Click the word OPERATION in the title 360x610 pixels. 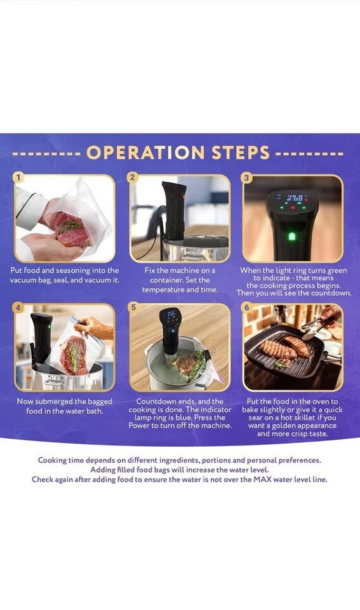click(x=145, y=152)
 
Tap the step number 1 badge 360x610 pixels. click(x=18, y=177)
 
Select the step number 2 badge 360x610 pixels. click(x=133, y=177)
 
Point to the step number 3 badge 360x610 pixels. click(x=246, y=178)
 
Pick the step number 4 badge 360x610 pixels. click(x=18, y=308)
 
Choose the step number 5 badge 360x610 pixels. click(x=133, y=308)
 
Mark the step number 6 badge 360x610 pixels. click(x=247, y=308)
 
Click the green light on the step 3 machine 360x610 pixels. click(x=292, y=236)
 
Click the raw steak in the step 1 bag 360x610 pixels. click(x=70, y=229)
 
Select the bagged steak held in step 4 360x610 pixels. click(x=73, y=354)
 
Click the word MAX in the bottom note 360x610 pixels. click(x=262, y=479)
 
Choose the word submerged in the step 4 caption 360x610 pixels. click(x=54, y=402)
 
